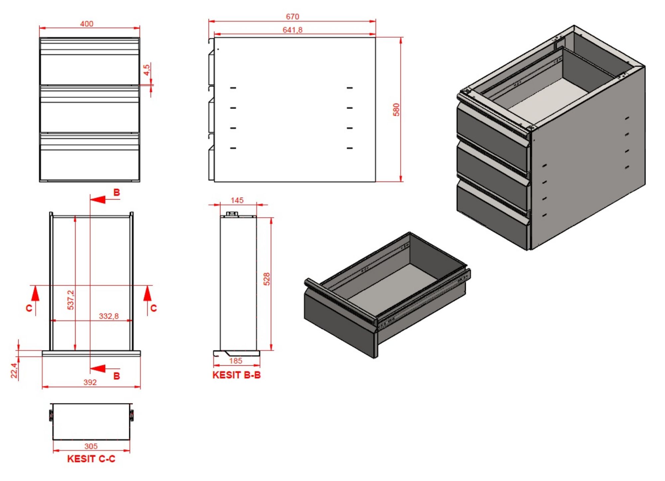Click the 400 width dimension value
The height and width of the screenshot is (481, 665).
(86, 24)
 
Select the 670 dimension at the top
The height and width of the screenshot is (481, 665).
(292, 17)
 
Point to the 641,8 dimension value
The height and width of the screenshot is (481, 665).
(292, 30)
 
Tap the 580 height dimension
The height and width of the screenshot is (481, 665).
(396, 109)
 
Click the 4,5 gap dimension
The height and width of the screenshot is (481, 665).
(147, 70)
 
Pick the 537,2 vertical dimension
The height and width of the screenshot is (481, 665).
(70, 300)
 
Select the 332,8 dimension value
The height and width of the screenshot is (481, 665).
(108, 316)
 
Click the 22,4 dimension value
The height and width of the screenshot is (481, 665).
(14, 370)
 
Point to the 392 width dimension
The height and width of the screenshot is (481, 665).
(90, 382)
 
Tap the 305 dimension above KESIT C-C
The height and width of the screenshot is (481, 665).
(91, 446)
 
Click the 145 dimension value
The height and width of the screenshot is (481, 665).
(237, 200)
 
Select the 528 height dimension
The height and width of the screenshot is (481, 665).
(266, 279)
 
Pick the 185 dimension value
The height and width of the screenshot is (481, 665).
(235, 361)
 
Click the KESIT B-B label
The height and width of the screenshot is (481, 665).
(236, 375)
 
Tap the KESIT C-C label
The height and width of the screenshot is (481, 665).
(91, 459)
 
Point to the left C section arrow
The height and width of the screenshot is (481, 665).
(35, 294)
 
